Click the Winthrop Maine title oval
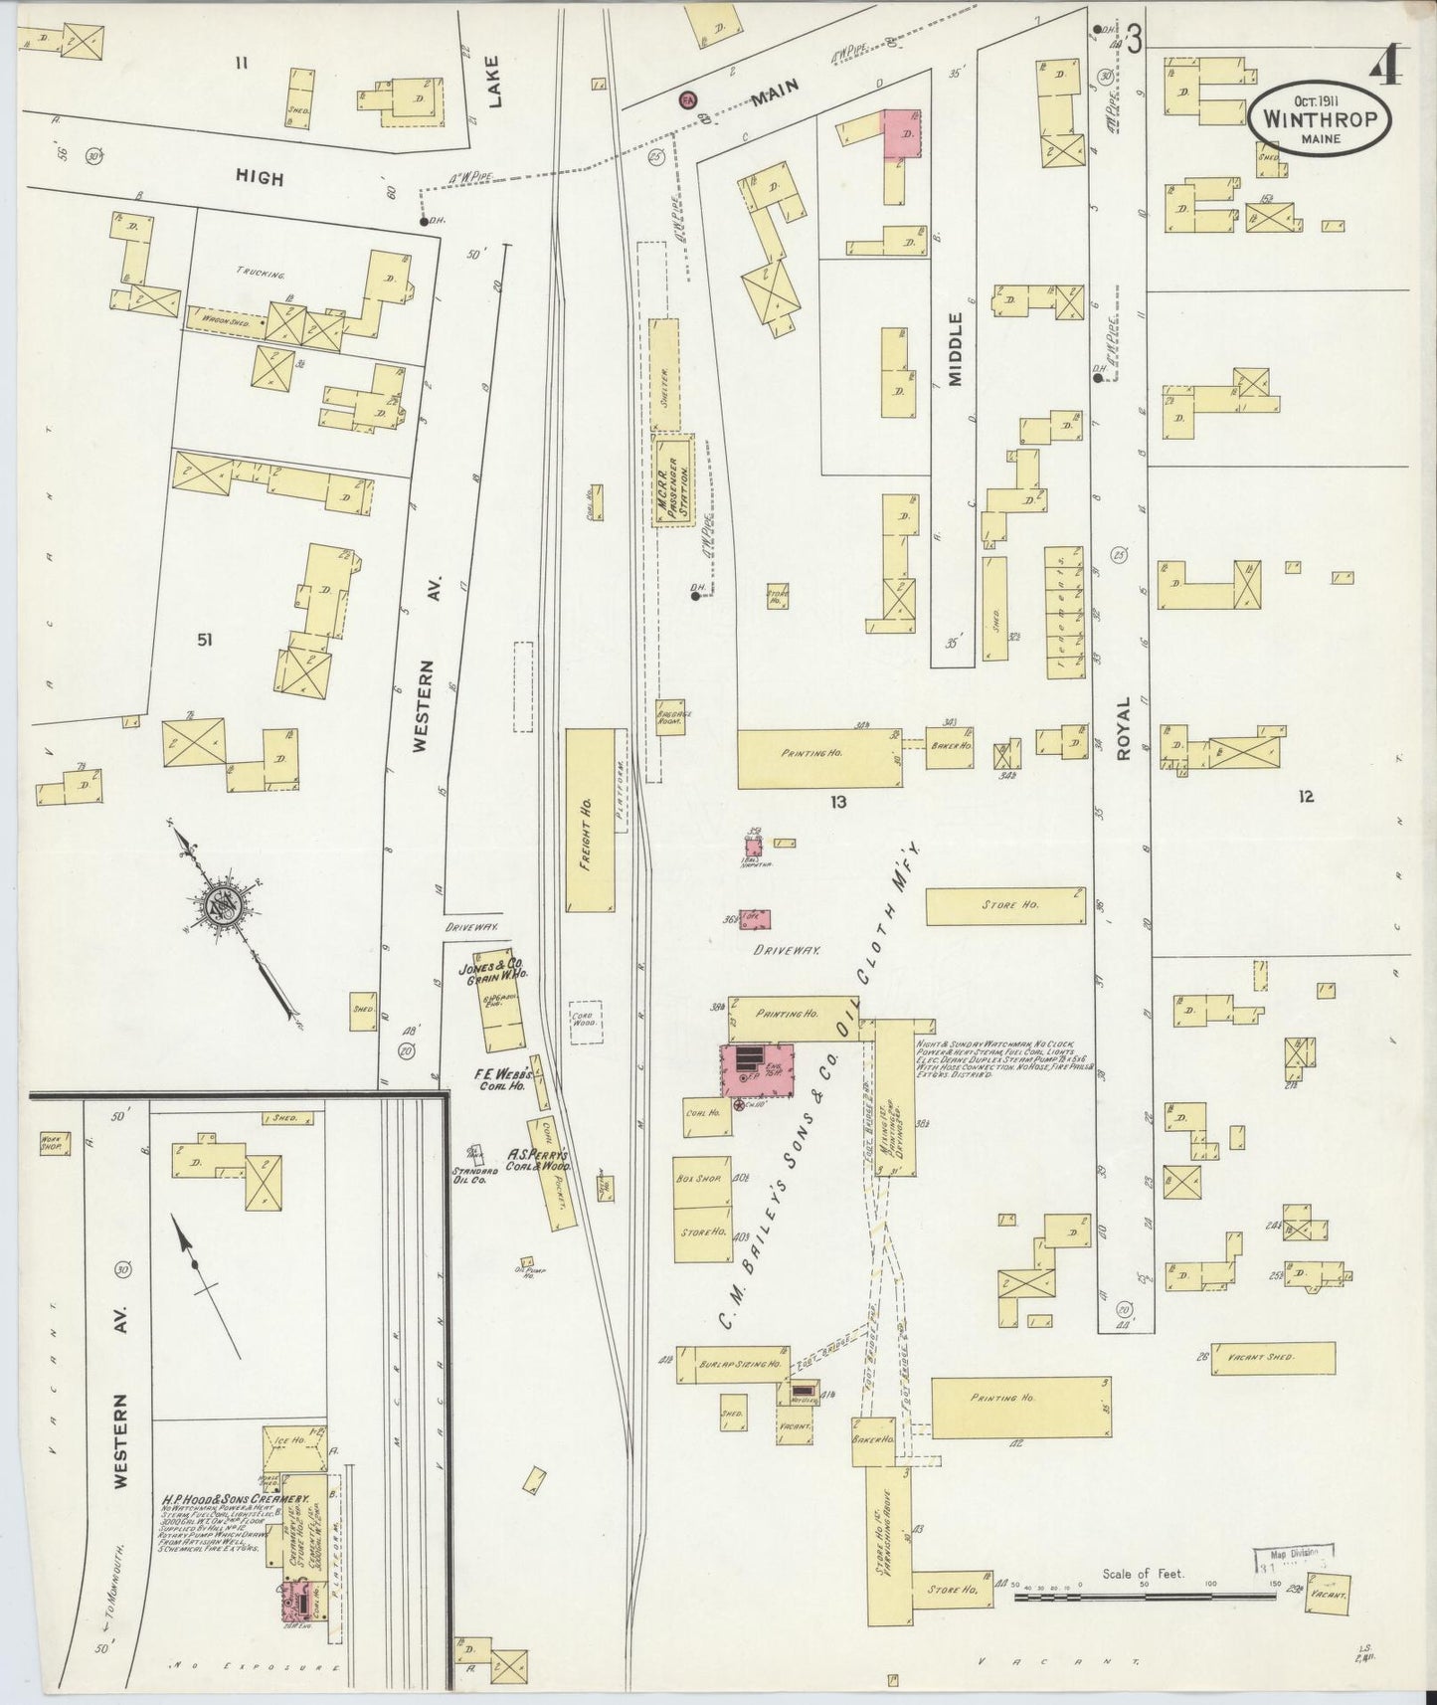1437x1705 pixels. [x=1320, y=117]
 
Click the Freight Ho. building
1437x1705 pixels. [x=589, y=820]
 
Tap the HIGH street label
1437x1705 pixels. [x=260, y=179]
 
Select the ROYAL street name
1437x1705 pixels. [x=1123, y=729]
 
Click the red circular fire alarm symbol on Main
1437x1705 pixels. [x=687, y=98]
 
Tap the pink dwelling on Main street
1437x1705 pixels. [x=903, y=133]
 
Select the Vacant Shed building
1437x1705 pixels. [x=1272, y=1358]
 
